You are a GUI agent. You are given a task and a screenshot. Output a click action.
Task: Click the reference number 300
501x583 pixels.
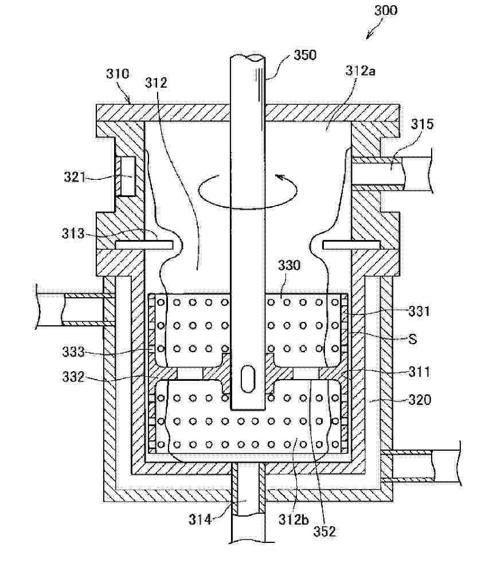tap(386, 10)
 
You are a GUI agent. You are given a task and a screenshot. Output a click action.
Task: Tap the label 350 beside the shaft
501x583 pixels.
tap(305, 55)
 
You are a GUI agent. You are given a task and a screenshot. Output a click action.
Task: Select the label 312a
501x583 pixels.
tap(360, 70)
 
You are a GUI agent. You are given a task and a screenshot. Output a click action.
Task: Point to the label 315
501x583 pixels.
tap(422, 124)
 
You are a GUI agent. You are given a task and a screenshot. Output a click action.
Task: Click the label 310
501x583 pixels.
tap(118, 74)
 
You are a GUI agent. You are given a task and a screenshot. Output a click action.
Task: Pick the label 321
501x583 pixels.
tap(75, 177)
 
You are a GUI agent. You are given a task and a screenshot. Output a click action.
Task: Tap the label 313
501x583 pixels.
tap(73, 234)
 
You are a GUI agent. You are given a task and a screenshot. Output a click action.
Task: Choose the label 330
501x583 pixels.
tap(289, 266)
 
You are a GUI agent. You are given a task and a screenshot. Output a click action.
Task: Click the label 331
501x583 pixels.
tap(419, 311)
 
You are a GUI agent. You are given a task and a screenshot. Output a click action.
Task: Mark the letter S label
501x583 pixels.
tap(412, 339)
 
